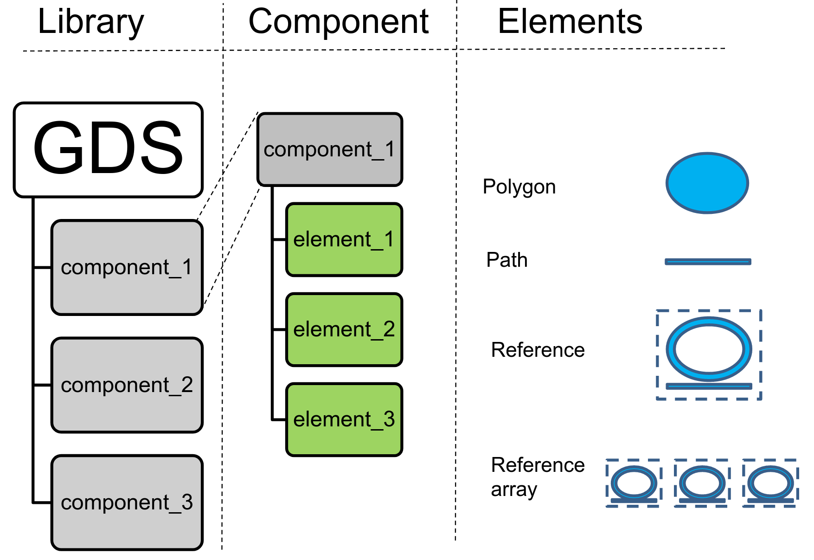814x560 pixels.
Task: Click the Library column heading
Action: click(91, 22)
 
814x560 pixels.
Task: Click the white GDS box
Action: click(109, 149)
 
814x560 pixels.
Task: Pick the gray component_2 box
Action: click(127, 385)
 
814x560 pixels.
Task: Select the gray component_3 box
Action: click(127, 502)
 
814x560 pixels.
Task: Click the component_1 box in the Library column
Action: click(127, 268)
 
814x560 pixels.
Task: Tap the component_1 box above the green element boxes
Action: click(330, 149)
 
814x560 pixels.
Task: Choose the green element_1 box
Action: click(344, 239)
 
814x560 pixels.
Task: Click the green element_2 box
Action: click(344, 329)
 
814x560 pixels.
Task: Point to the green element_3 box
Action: click(344, 419)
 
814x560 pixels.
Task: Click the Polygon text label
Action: click(519, 187)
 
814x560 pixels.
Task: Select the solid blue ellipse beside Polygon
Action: click(707, 183)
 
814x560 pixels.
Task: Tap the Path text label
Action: click(506, 260)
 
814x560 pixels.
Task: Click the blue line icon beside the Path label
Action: click(708, 262)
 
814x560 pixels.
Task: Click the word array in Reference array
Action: click(514, 490)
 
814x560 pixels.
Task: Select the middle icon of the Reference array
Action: click(702, 483)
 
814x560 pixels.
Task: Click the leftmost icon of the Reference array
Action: click(634, 483)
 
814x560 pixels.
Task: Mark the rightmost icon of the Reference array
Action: click(770, 483)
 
